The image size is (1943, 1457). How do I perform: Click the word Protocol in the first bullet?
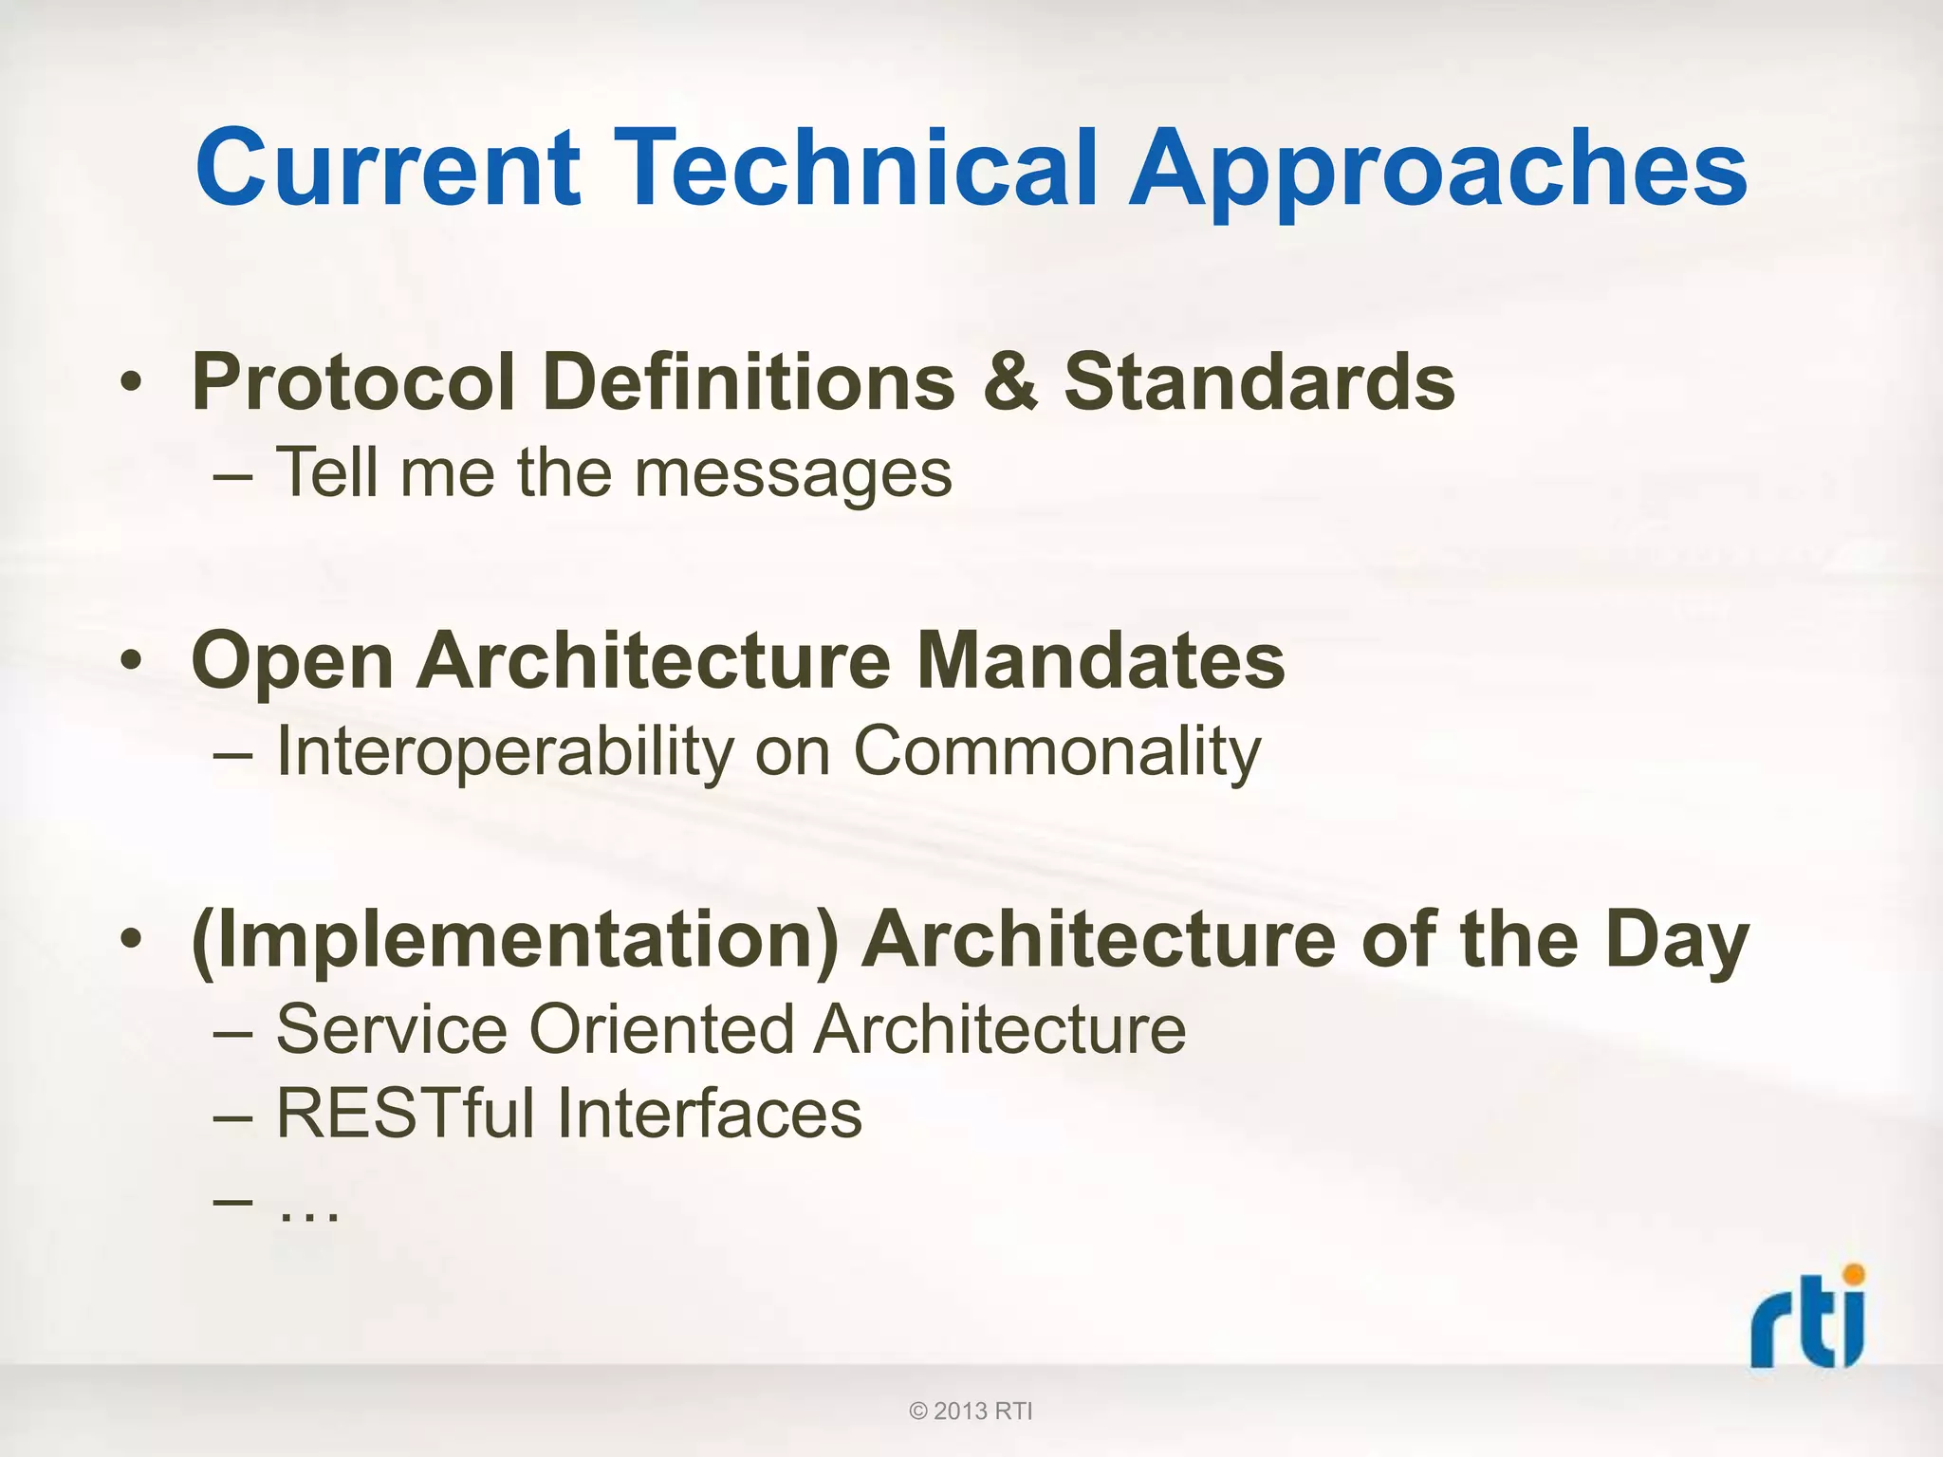click(x=353, y=382)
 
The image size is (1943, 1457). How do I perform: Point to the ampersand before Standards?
click(x=1010, y=382)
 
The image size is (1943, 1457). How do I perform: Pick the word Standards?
click(x=1259, y=382)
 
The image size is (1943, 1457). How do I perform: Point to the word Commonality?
click(x=1057, y=752)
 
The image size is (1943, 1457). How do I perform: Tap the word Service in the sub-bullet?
click(x=392, y=1029)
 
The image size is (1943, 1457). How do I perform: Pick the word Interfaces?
click(x=710, y=1114)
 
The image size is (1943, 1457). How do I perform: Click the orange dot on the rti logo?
click(x=1852, y=1274)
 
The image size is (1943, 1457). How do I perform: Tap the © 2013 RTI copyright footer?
click(x=971, y=1411)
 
